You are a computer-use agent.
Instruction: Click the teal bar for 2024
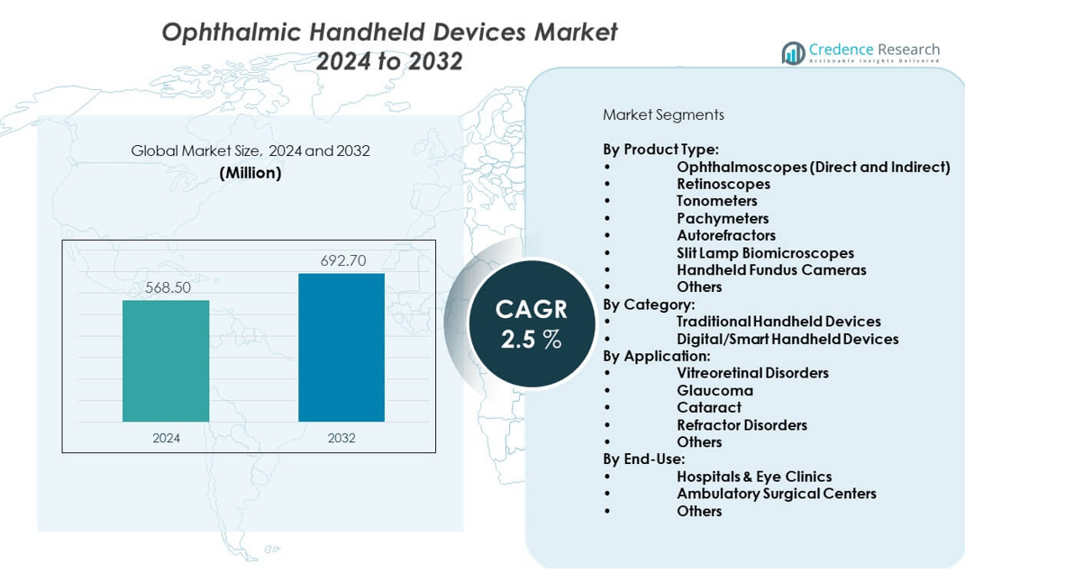tap(166, 360)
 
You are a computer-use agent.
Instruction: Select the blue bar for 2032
tap(341, 347)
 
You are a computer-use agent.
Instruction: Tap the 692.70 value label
tap(342, 261)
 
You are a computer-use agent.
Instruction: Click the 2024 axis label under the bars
tap(166, 438)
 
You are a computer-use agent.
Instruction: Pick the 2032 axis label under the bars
tap(341, 438)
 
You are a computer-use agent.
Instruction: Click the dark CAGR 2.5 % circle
tap(532, 324)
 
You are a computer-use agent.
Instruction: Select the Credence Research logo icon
tap(793, 53)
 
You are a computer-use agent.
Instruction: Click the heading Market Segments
tap(663, 114)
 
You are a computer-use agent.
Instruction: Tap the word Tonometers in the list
tap(717, 201)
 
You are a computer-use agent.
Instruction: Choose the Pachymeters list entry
tap(723, 218)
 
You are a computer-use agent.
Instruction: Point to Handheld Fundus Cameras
tap(771, 269)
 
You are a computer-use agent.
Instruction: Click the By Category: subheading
tap(649, 305)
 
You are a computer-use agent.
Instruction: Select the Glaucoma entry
tap(715, 390)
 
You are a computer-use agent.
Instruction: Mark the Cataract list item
tap(709, 407)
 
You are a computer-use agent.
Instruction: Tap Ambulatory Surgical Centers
tap(777, 493)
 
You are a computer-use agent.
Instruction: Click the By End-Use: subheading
tap(644, 459)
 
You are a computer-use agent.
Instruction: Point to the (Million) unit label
tap(250, 172)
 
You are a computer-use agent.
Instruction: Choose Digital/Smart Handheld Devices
tap(787, 339)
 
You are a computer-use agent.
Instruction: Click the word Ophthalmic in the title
tap(231, 32)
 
